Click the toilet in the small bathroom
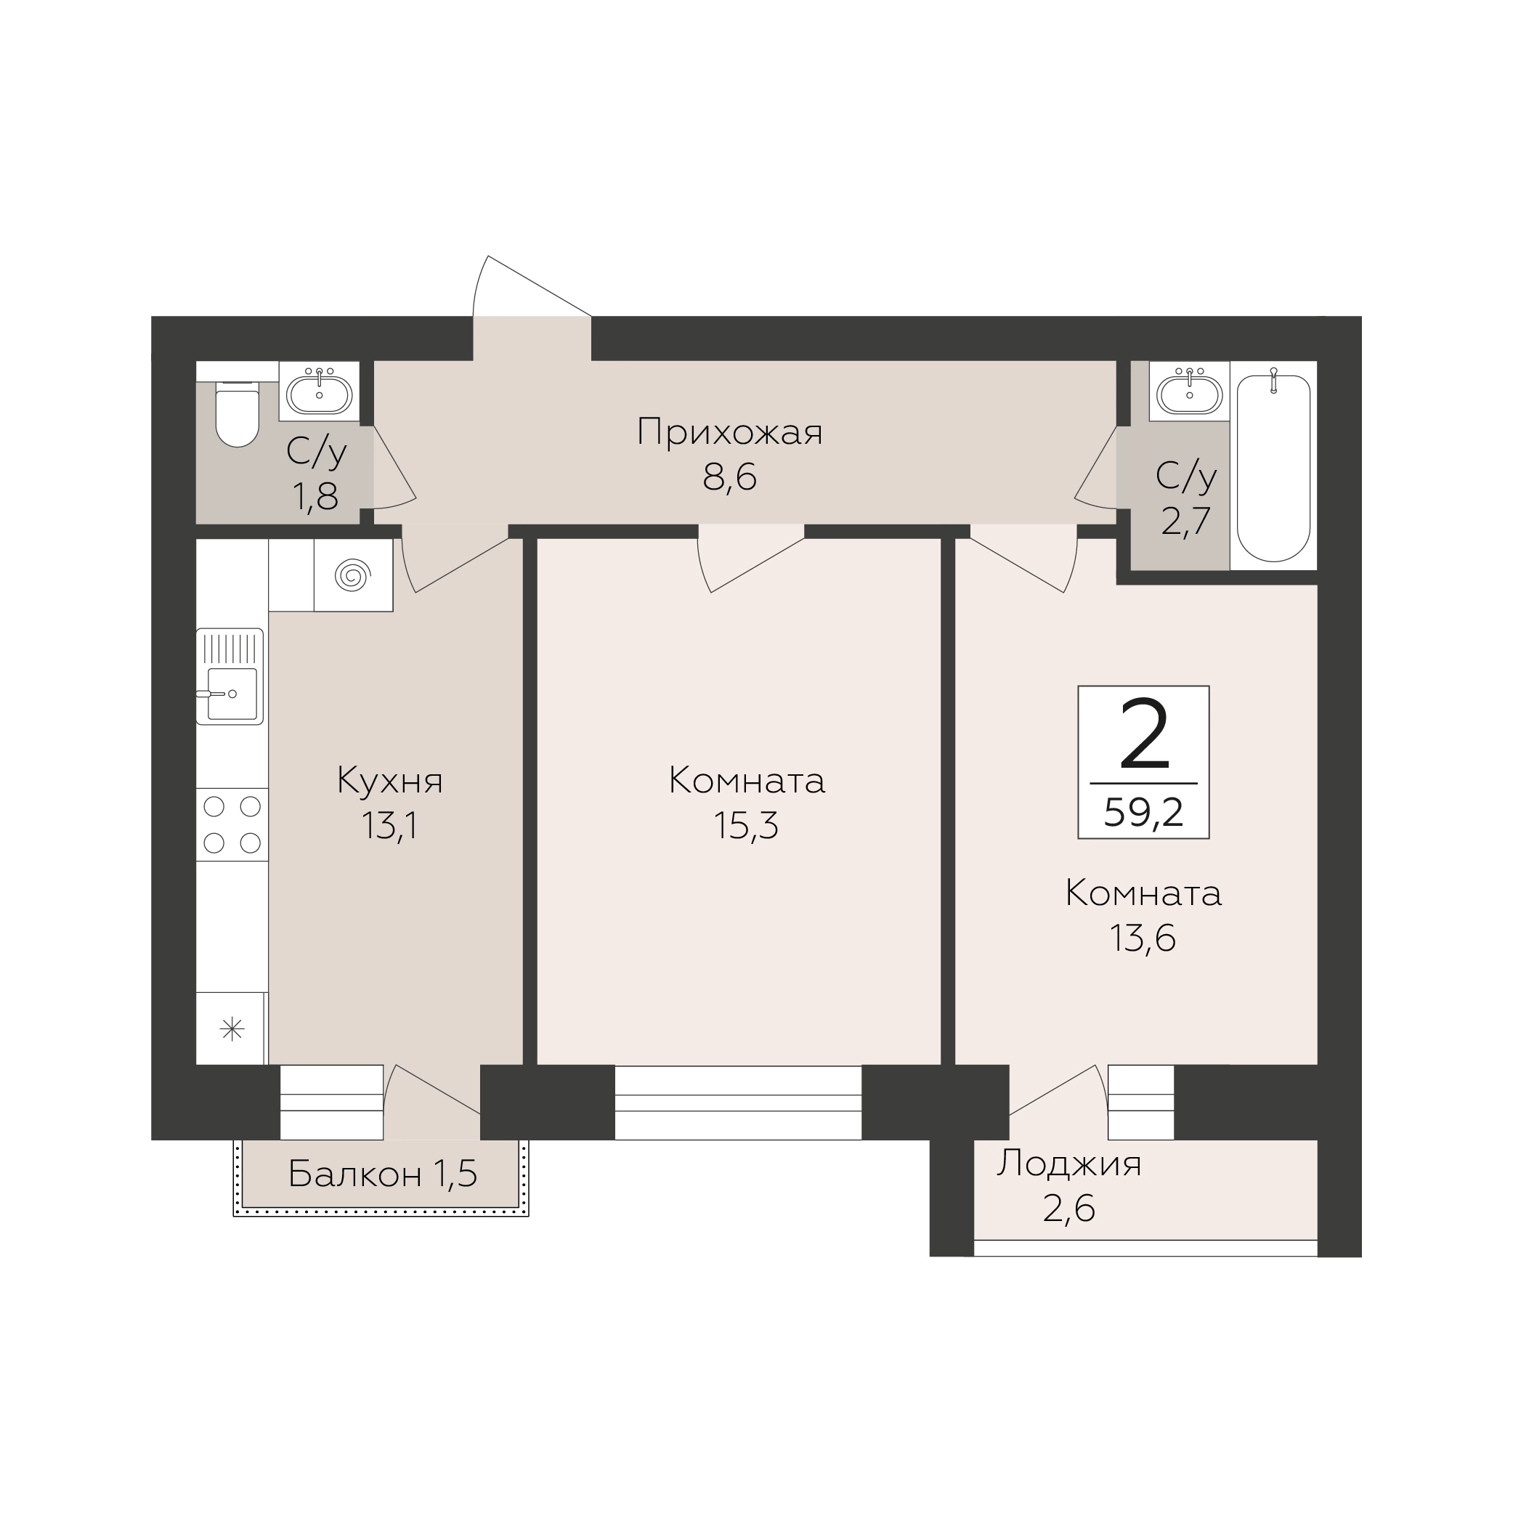point(238,415)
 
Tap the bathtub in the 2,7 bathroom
point(1273,468)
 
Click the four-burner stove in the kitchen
point(232,824)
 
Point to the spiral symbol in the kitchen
point(352,575)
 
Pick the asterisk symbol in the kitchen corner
point(232,1029)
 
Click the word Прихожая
point(730,432)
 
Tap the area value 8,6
point(730,477)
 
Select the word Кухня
point(390,781)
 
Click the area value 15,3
point(746,825)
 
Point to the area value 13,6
point(1143,938)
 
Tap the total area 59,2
point(1143,814)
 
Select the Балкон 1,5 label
point(382,1173)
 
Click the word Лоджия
point(1069,1164)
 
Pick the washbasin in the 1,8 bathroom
point(319,392)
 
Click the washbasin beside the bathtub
point(1190,392)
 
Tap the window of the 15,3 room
point(738,1103)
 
